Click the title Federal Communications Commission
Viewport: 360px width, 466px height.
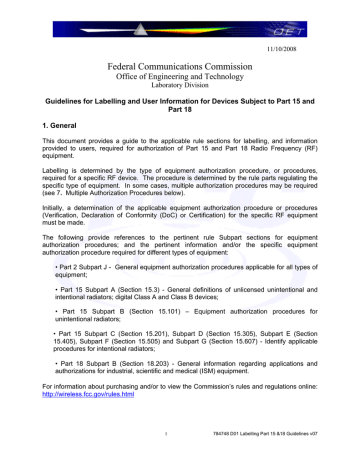tap(180, 66)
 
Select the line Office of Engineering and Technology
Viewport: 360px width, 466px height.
tap(180, 78)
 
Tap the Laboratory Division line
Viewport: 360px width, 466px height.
tap(180, 88)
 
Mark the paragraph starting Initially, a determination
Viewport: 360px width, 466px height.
tap(180, 217)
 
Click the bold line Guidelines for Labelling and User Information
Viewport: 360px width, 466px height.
tap(180, 107)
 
